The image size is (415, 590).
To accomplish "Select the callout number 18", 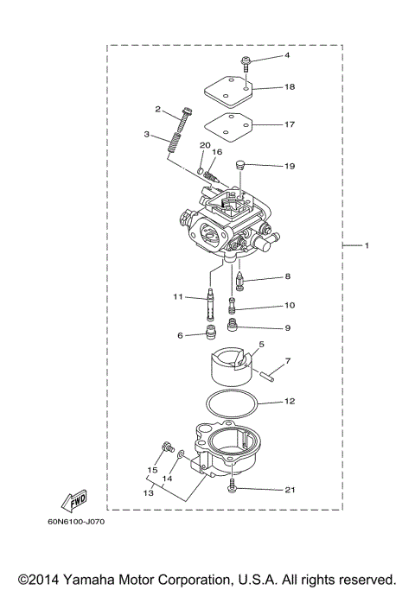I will pyautogui.click(x=290, y=87).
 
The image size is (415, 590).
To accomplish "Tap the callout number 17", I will pyautogui.click(x=290, y=124).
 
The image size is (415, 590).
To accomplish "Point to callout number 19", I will pyautogui.click(x=290, y=164).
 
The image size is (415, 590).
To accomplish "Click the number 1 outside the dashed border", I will pyautogui.click(x=367, y=247).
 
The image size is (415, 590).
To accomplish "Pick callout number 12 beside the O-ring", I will pyautogui.click(x=290, y=402).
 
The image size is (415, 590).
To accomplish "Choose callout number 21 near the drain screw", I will pyautogui.click(x=290, y=490).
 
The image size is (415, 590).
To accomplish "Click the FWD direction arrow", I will pyautogui.click(x=72, y=500).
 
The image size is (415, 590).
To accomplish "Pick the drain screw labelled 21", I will pyautogui.click(x=234, y=490).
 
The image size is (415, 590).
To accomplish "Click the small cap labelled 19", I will pyautogui.click(x=243, y=164).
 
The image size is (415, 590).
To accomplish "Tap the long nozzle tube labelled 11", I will pyautogui.click(x=211, y=304).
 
